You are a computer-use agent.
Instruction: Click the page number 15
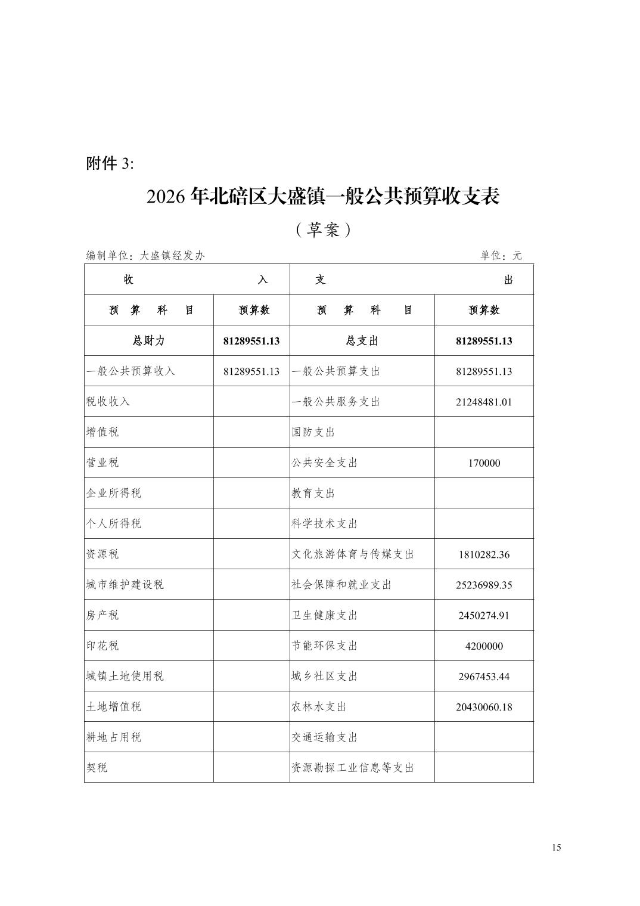pos(556,848)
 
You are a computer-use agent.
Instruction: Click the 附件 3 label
pos(110,164)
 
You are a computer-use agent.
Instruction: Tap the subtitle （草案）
pos(322,229)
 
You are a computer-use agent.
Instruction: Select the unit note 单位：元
pos(501,256)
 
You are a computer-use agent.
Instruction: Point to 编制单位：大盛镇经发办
pos(145,256)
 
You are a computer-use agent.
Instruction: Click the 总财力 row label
pos(148,341)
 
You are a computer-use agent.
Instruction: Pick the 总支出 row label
pos(362,341)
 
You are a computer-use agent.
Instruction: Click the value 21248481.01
pos(484,402)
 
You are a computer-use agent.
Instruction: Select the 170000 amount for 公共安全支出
pos(484,463)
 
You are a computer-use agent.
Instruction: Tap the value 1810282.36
pos(484,554)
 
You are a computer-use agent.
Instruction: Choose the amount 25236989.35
pos(484,585)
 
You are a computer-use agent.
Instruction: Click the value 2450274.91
pos(484,616)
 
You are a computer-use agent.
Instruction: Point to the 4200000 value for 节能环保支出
pos(484,646)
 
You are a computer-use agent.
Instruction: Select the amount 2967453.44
pos(484,677)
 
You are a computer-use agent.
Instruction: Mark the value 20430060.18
pos(484,708)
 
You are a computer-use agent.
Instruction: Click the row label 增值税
pos(102,432)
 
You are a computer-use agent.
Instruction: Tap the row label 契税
pos(97,768)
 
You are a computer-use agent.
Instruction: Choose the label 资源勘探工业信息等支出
pos(352,768)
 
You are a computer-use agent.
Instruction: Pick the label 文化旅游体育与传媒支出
pos(352,554)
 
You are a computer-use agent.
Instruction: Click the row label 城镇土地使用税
pos(125,677)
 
